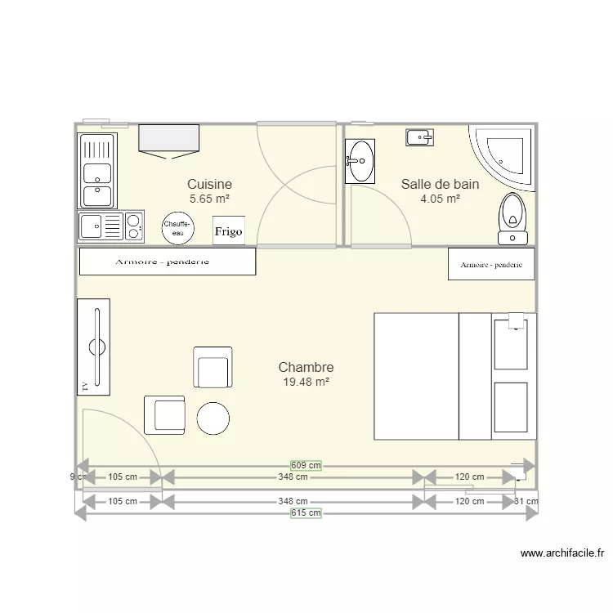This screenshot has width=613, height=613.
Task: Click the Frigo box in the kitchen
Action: click(229, 230)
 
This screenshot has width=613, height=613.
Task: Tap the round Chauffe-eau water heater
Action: click(177, 228)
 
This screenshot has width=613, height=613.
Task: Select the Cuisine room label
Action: click(209, 185)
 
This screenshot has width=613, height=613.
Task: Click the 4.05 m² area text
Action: click(440, 199)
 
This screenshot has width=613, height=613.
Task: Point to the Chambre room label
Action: click(306, 368)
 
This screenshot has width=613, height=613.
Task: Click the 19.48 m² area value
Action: click(306, 382)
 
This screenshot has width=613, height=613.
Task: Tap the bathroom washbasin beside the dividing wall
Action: click(360, 160)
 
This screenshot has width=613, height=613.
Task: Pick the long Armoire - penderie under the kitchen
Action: click(167, 262)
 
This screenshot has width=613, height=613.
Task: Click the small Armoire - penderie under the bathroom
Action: click(490, 264)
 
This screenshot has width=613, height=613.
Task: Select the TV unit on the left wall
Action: click(93, 347)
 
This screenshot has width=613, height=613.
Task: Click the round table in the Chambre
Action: click(213, 418)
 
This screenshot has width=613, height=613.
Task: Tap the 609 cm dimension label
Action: click(306, 465)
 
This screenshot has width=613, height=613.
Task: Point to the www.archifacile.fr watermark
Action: click(562, 554)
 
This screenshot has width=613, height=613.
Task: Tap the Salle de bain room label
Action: click(440, 185)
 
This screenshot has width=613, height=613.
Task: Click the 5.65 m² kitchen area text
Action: click(209, 199)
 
